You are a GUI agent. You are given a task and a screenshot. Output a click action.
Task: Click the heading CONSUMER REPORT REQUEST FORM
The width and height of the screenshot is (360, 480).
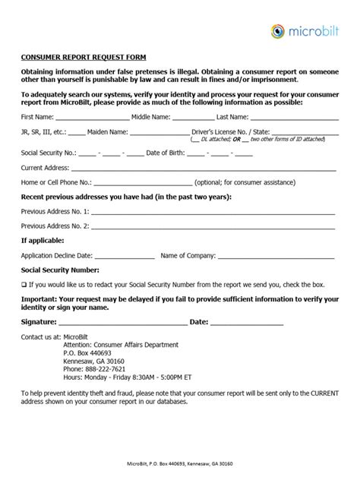pyautogui.click(x=84, y=57)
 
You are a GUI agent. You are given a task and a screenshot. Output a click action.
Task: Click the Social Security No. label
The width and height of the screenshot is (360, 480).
pyautogui.click(x=46, y=153)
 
